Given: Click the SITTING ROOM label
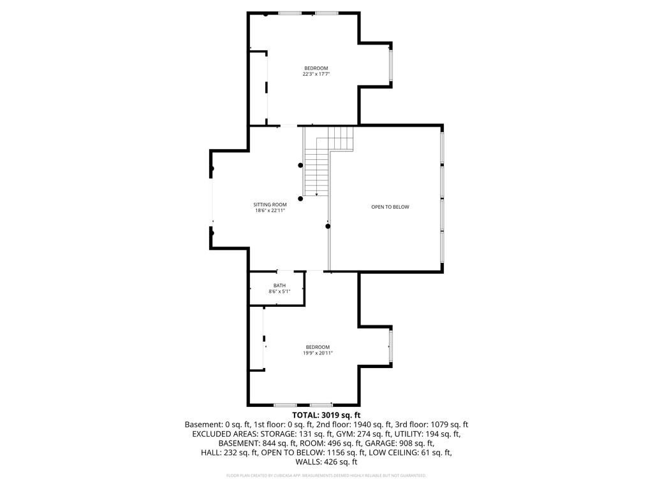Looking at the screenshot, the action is click(x=270, y=204).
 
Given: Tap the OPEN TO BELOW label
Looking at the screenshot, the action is click(x=390, y=207).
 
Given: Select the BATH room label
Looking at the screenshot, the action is click(x=279, y=285).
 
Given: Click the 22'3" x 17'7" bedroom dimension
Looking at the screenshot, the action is click(x=316, y=74).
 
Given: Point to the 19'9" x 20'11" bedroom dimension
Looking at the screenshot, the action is click(x=318, y=353).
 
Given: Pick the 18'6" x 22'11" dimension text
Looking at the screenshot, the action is click(x=270, y=210).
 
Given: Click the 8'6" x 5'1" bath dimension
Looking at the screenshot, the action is click(x=279, y=292).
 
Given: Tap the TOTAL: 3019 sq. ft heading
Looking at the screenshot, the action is click(x=326, y=415).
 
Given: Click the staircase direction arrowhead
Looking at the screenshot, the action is click(x=316, y=194).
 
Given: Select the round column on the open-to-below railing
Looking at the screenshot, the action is click(x=328, y=226).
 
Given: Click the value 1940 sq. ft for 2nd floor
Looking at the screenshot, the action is click(x=372, y=425).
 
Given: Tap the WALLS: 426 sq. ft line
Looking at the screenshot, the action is click(x=326, y=462).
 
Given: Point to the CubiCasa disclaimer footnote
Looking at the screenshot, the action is click(x=326, y=475).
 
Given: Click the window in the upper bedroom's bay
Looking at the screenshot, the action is click(x=391, y=65).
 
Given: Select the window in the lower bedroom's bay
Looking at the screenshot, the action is click(x=391, y=346).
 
